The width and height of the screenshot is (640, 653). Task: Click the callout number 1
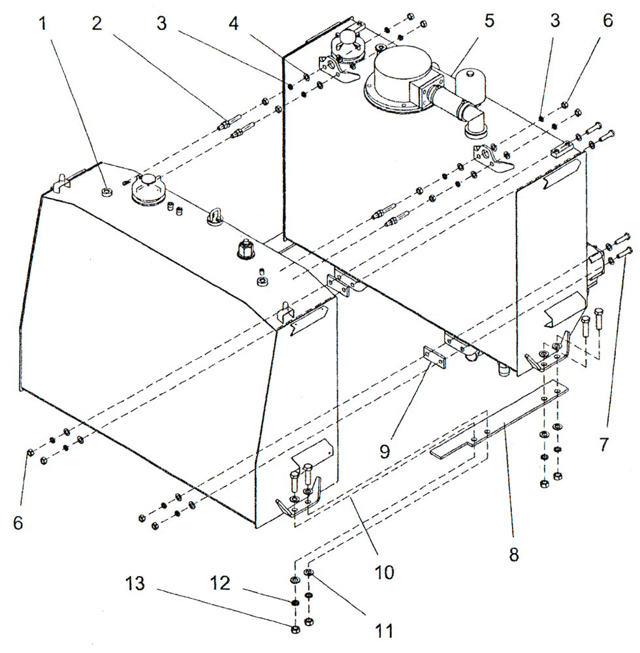[43, 25]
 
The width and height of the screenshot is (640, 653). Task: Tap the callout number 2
[97, 25]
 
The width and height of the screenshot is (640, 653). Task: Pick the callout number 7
[603, 444]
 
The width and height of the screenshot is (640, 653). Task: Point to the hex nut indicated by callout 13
[295, 629]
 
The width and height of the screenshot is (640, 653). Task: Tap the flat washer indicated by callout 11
[309, 573]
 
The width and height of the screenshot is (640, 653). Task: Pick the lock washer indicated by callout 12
[295, 602]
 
